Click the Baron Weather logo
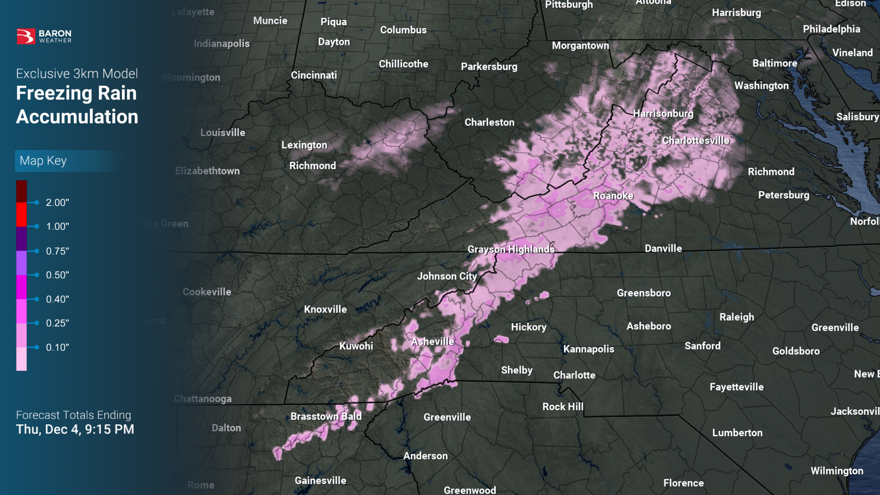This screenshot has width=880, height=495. click(44, 36)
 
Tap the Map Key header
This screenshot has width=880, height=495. click(44, 161)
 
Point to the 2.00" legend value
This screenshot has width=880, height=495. click(57, 203)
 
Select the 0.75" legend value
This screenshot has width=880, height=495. click(57, 251)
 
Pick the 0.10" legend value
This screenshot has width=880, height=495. click(57, 347)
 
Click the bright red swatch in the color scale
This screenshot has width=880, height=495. click(22, 214)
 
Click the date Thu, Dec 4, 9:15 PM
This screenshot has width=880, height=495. click(75, 429)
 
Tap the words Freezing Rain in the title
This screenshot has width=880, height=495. click(77, 93)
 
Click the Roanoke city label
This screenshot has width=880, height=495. click(613, 196)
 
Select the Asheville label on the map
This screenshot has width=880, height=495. click(433, 341)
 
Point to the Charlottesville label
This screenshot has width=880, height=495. click(696, 140)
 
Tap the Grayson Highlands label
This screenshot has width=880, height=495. click(511, 249)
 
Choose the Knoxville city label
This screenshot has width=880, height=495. click(325, 309)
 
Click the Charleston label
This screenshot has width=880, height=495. click(489, 122)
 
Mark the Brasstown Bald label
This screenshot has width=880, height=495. click(326, 416)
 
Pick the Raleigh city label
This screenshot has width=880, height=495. click(737, 317)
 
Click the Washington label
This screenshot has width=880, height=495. click(761, 86)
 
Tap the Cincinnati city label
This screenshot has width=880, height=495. click(314, 75)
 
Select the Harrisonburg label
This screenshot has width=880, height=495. click(663, 113)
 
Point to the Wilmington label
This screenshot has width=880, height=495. click(837, 471)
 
